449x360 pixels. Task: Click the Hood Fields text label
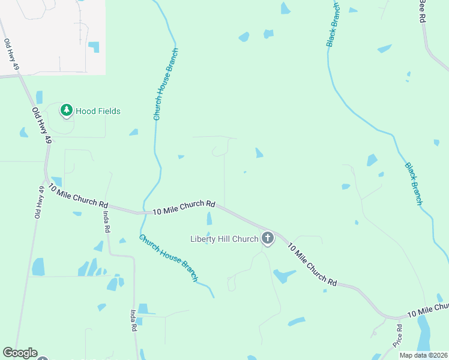coord(98,111)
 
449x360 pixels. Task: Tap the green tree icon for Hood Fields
coord(66,110)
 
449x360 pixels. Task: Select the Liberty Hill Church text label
coord(224,239)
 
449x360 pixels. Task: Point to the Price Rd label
coord(398,336)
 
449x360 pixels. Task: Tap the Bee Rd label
coord(422,11)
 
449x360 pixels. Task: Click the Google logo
coord(20,353)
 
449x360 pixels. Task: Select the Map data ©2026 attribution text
coord(423,355)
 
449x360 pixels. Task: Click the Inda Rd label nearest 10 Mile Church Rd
coord(106,221)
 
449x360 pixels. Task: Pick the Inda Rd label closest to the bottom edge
coord(134,321)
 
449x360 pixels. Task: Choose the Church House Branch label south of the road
coord(169,257)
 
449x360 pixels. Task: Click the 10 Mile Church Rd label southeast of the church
coord(312,263)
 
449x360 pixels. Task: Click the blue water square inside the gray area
coord(94,47)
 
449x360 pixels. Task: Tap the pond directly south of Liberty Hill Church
coord(284,275)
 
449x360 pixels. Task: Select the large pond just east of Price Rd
coord(423,334)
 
